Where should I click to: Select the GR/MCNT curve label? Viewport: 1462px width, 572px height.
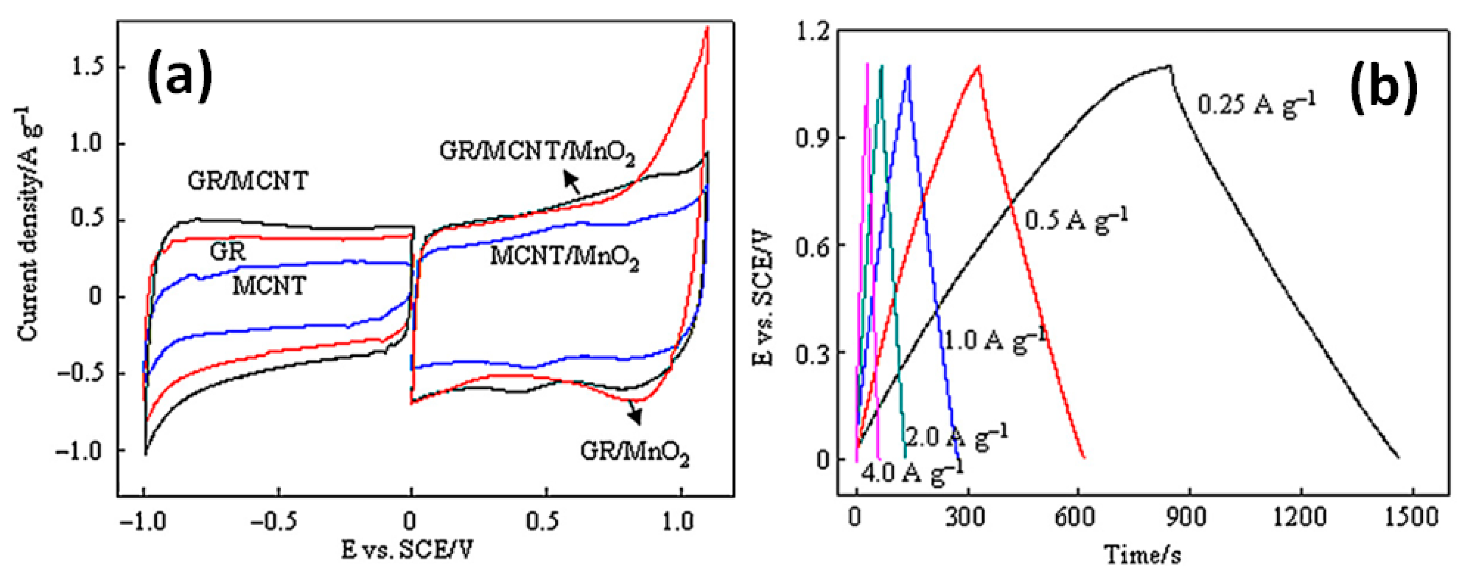click(x=248, y=181)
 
